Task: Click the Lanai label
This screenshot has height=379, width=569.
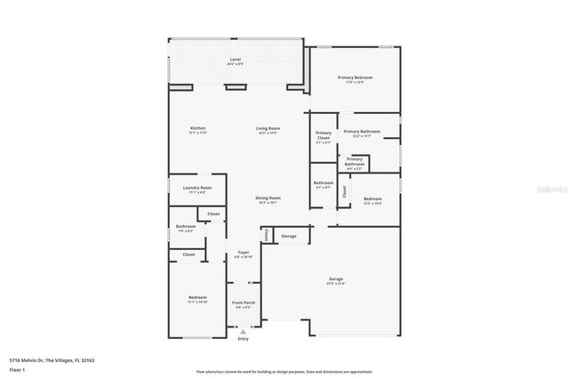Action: (x=235, y=60)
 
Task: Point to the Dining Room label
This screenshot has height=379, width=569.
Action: (x=268, y=199)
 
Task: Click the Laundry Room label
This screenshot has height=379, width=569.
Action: (x=196, y=189)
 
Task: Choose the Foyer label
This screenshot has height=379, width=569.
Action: (x=243, y=254)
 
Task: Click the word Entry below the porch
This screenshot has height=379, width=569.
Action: (x=244, y=339)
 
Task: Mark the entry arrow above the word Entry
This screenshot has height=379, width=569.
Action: (x=244, y=332)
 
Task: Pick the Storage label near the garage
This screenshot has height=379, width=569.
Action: (x=289, y=236)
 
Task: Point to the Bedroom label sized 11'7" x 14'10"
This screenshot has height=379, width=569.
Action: (x=197, y=298)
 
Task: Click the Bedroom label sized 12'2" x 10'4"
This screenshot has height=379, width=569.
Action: (x=372, y=200)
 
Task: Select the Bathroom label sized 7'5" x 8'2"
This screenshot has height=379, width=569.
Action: (x=185, y=228)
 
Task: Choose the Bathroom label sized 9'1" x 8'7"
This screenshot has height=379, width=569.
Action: (x=323, y=185)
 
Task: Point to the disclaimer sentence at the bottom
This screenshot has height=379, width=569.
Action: (x=284, y=370)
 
